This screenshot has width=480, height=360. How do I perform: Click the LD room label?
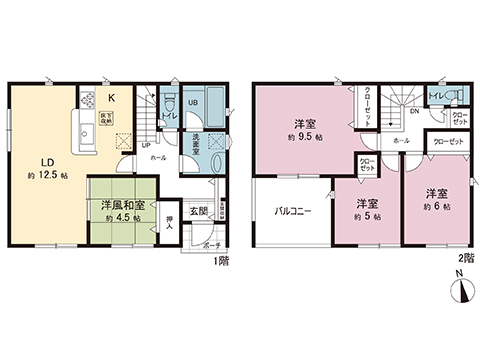pos(47,161)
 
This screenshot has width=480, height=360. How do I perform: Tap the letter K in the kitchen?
pos(112,97)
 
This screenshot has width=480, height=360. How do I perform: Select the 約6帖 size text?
pos(433,206)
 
